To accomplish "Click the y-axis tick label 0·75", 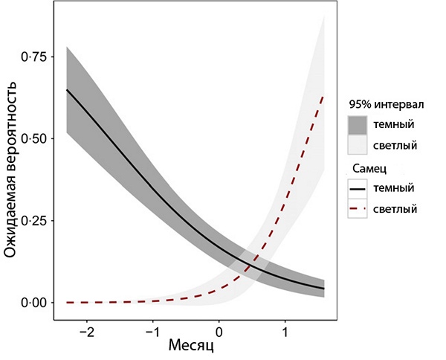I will (x=32, y=57).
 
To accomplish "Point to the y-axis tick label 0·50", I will (x=32, y=139).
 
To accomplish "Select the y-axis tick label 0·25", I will (x=32, y=221).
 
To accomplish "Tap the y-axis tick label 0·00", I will (x=32, y=303).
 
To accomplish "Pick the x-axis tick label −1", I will (x=152, y=330).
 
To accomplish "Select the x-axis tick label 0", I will (x=219, y=330).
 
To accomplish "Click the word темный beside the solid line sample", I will (x=396, y=188).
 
